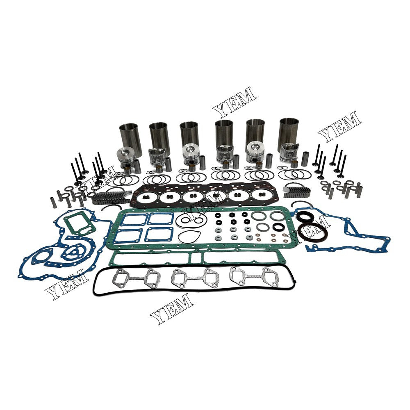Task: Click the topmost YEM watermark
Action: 234,102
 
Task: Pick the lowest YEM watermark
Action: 172,309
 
